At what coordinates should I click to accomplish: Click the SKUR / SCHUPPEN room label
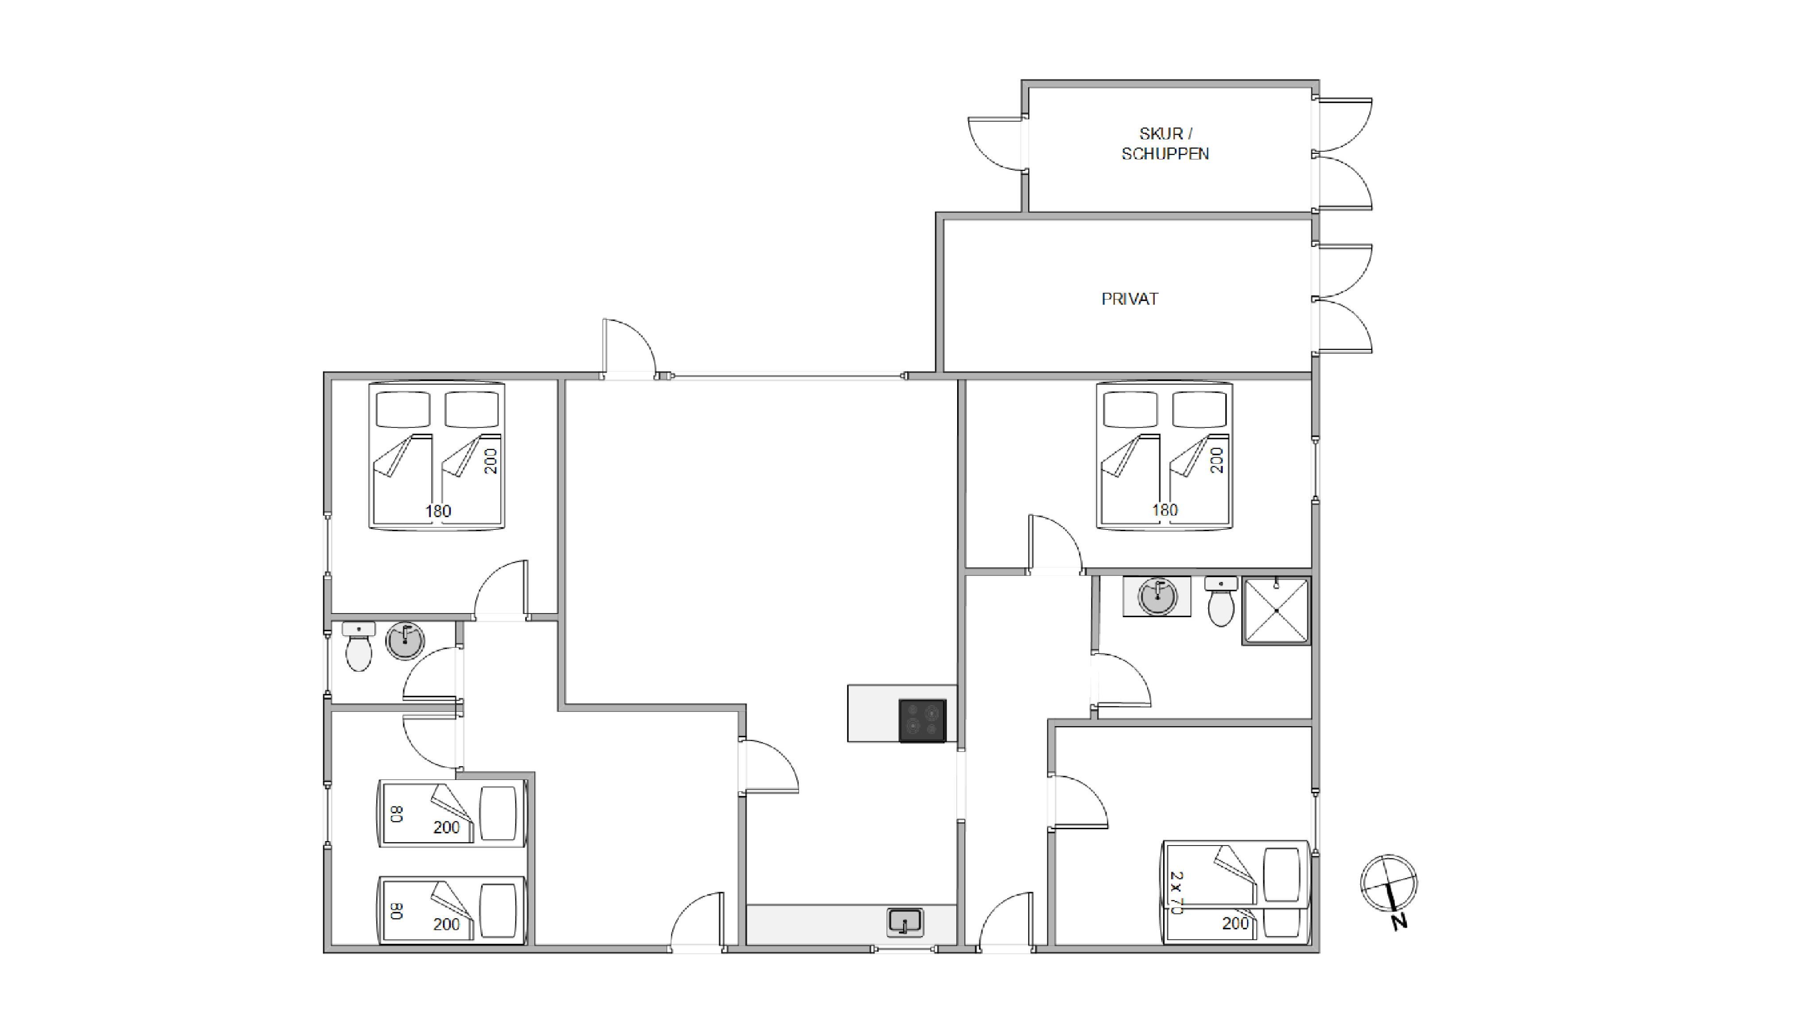(1165, 144)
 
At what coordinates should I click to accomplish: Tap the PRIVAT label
(1130, 299)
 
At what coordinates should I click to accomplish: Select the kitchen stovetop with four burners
(922, 721)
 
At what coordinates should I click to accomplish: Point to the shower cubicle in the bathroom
(1276, 611)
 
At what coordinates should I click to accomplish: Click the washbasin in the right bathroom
(1157, 597)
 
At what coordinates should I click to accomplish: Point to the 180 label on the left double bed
(438, 511)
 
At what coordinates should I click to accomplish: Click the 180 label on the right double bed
(1165, 509)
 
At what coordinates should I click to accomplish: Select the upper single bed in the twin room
(452, 813)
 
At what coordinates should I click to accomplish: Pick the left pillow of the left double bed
(403, 410)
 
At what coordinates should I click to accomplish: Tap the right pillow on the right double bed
(1199, 410)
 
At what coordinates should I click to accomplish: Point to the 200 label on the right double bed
(1217, 460)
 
